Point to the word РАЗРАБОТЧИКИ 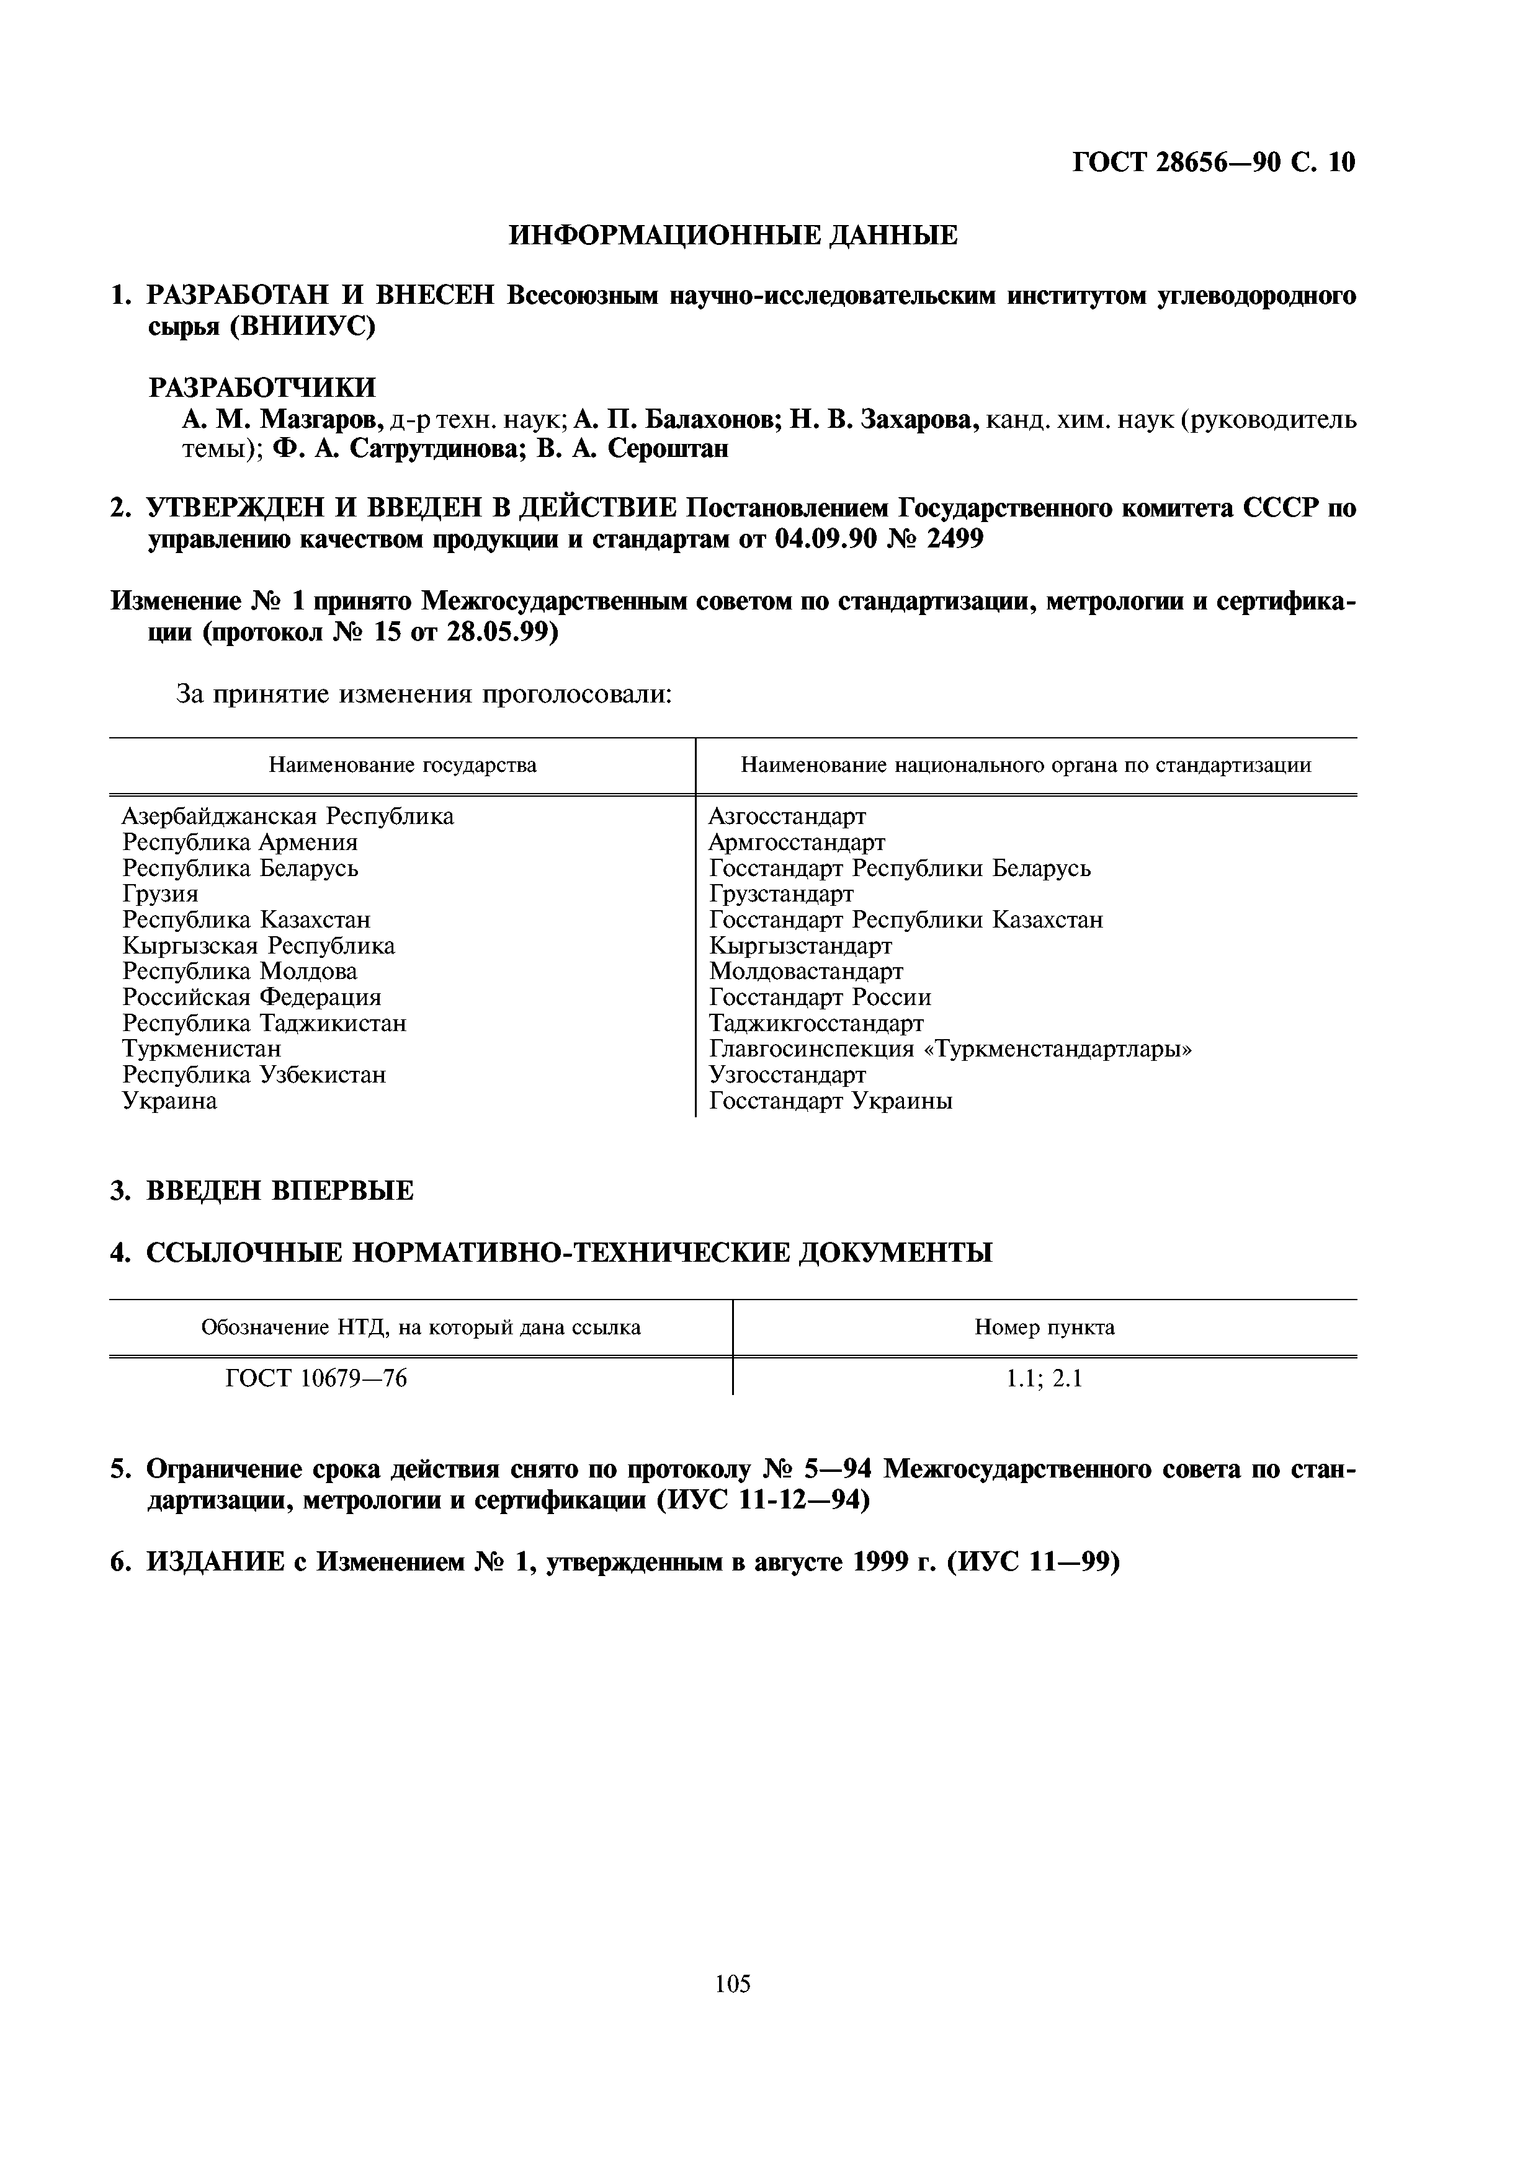click(262, 388)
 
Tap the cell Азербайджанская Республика click(288, 816)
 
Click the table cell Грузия click(160, 893)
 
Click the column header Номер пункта click(1044, 1327)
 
